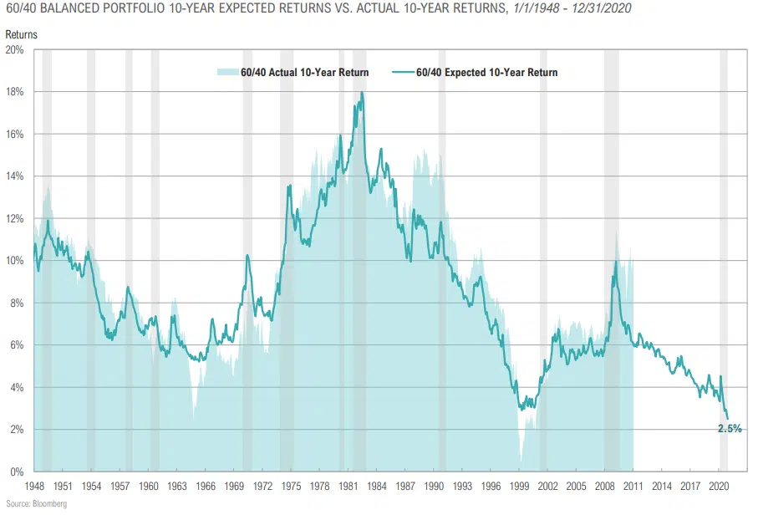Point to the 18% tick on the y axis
pos(15,92)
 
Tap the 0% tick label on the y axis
pos(18,472)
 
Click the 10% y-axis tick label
pos(15,261)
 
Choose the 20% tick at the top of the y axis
pos(15,50)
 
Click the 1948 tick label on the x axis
pos(34,486)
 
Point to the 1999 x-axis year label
pos(519,486)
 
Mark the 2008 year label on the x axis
pos(604,486)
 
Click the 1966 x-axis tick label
pos(206,486)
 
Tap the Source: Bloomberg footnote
pos(36,504)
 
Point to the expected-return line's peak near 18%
pos(362,93)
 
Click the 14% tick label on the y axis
pos(15,176)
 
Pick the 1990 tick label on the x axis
pos(434,486)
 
